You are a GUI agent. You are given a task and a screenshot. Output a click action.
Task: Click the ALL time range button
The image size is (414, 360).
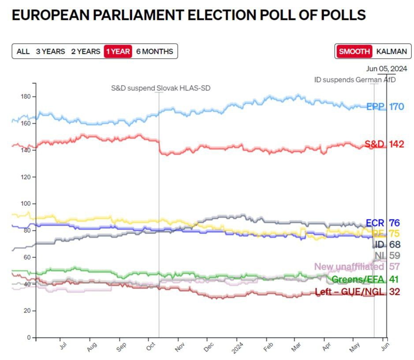(23, 52)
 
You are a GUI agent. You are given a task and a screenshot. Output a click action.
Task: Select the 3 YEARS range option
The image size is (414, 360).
(50, 52)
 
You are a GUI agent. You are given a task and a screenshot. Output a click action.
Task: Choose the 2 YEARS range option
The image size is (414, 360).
(86, 52)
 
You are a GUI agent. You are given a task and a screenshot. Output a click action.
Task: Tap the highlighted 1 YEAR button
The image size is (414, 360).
(118, 52)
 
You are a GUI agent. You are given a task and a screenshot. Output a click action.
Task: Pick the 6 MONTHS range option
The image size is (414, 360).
(154, 52)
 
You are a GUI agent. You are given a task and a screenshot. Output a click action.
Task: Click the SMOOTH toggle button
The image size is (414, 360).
(354, 52)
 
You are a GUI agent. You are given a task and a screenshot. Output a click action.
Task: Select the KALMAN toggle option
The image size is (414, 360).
(391, 52)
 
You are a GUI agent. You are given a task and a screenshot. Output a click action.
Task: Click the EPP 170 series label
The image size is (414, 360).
(385, 107)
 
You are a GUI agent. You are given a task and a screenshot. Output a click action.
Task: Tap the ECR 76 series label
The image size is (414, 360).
(383, 223)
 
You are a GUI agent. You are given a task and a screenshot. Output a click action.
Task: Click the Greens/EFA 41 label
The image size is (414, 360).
(365, 279)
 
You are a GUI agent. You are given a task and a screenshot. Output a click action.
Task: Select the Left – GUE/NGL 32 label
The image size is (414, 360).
(357, 292)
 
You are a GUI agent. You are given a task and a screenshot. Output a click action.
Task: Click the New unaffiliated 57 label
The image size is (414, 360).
(357, 267)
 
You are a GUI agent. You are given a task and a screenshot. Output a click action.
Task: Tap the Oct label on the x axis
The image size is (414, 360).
(149, 345)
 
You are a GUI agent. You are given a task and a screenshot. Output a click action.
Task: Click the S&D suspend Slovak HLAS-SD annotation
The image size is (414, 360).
(160, 88)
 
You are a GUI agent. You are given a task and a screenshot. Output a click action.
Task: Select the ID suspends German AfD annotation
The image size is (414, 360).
(354, 80)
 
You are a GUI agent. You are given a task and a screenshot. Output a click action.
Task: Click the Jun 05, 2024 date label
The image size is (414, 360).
(387, 69)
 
